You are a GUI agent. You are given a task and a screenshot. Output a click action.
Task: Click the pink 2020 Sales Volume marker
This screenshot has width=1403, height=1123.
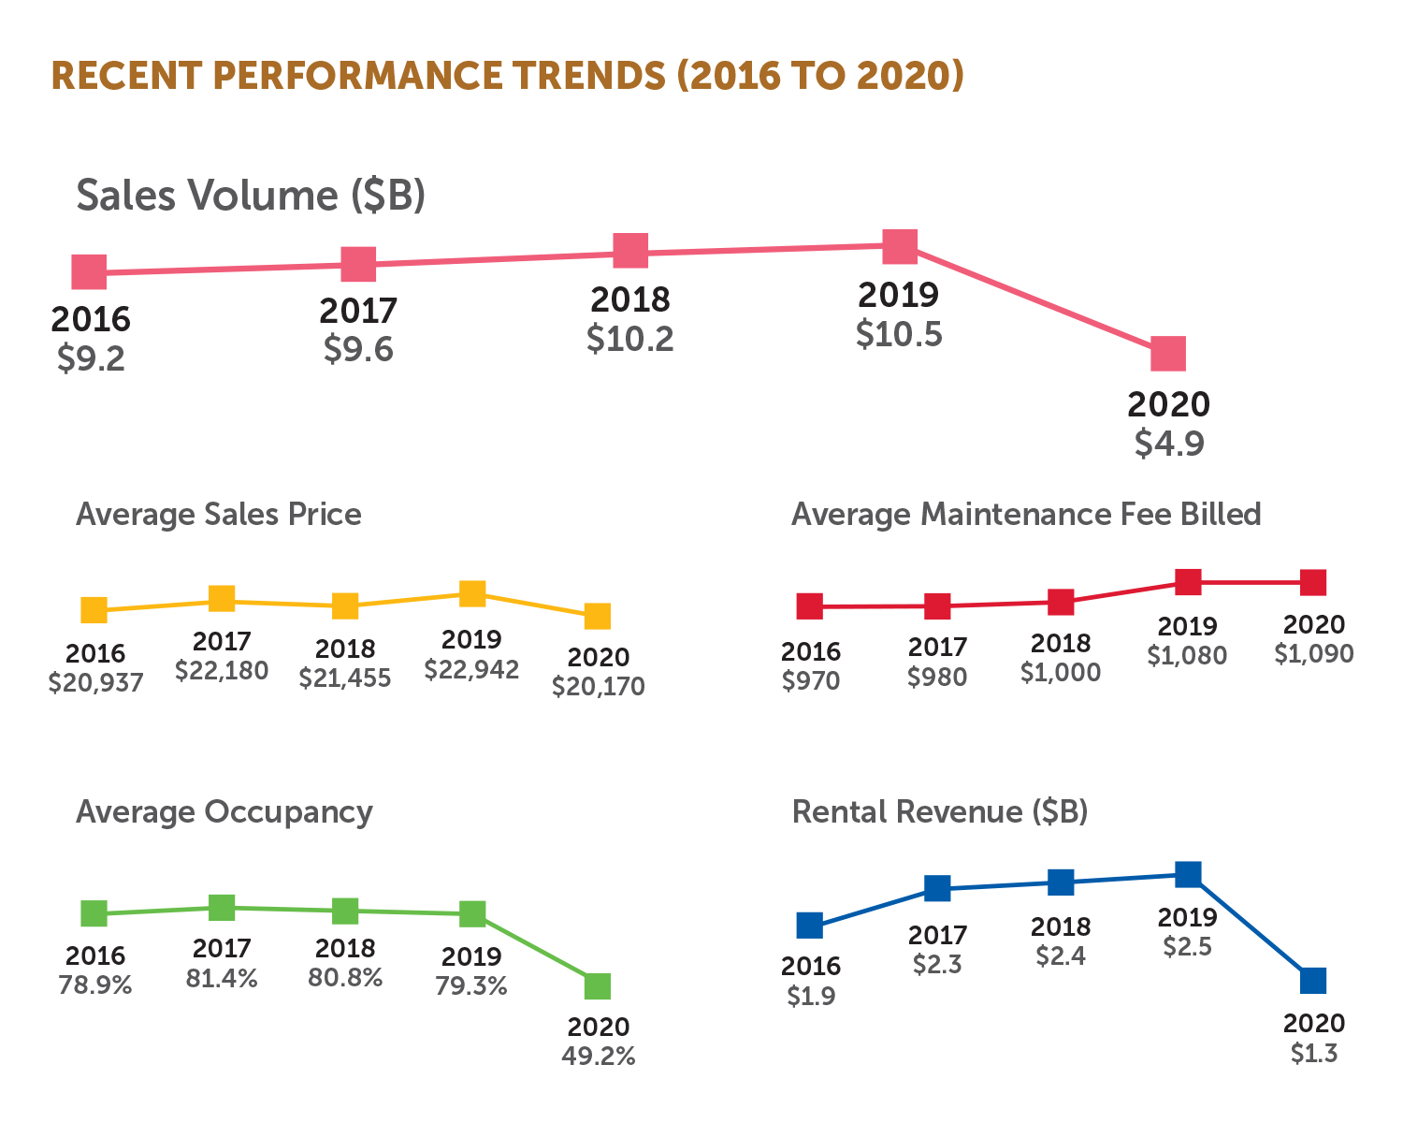coord(1168,354)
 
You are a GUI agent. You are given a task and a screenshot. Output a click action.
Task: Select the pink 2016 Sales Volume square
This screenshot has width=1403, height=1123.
coord(90,272)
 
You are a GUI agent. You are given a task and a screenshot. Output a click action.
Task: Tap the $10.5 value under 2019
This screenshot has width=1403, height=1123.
coord(899,334)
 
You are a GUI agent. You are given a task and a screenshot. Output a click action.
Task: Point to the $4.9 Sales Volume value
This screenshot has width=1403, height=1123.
coord(1169,443)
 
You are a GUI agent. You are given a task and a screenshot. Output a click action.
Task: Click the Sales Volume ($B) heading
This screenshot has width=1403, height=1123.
coord(251,196)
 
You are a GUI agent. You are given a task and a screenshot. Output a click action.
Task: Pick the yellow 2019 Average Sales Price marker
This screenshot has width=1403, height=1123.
coord(472,593)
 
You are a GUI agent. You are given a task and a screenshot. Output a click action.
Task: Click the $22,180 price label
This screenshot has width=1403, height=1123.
coord(222,670)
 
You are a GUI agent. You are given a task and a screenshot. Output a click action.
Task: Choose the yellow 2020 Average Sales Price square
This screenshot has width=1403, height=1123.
coord(598,616)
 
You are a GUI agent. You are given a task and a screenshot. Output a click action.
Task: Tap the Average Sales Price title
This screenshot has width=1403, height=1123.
coord(219,515)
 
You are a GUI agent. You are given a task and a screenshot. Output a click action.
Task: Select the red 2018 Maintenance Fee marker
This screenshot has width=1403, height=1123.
coord(1061,602)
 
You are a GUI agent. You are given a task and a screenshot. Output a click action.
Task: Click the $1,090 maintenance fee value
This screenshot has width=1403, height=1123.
coord(1313,653)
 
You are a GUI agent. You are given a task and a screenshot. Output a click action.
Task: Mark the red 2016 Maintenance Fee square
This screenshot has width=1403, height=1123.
coord(810,606)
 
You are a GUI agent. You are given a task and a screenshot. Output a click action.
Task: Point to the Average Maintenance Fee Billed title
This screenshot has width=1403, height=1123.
coord(1026,515)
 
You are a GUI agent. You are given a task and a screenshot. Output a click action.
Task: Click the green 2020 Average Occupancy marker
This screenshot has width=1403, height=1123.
coord(598,985)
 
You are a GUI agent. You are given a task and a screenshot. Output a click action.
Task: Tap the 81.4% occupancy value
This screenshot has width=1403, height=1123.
coord(222,979)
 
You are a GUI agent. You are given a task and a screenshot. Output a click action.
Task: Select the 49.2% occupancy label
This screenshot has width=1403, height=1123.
coord(599,1057)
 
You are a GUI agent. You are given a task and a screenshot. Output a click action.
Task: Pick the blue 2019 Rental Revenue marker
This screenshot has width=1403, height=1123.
coord(1188,874)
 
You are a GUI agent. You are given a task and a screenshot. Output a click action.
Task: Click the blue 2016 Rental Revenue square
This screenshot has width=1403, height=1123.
coord(810,926)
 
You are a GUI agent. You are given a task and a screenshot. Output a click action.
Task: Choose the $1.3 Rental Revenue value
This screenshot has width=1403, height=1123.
coord(1314,1053)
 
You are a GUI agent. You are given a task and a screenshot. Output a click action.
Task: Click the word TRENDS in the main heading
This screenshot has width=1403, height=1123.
coord(555,75)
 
